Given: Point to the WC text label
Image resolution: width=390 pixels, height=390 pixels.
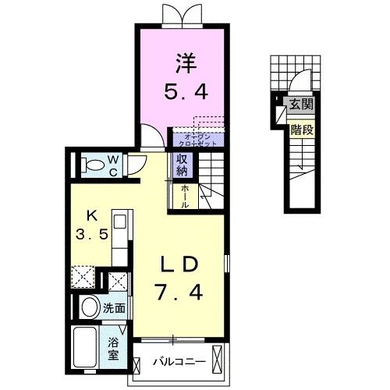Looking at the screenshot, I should (114, 165).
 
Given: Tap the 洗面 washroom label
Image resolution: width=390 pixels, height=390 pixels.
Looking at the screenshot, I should (114, 308).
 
